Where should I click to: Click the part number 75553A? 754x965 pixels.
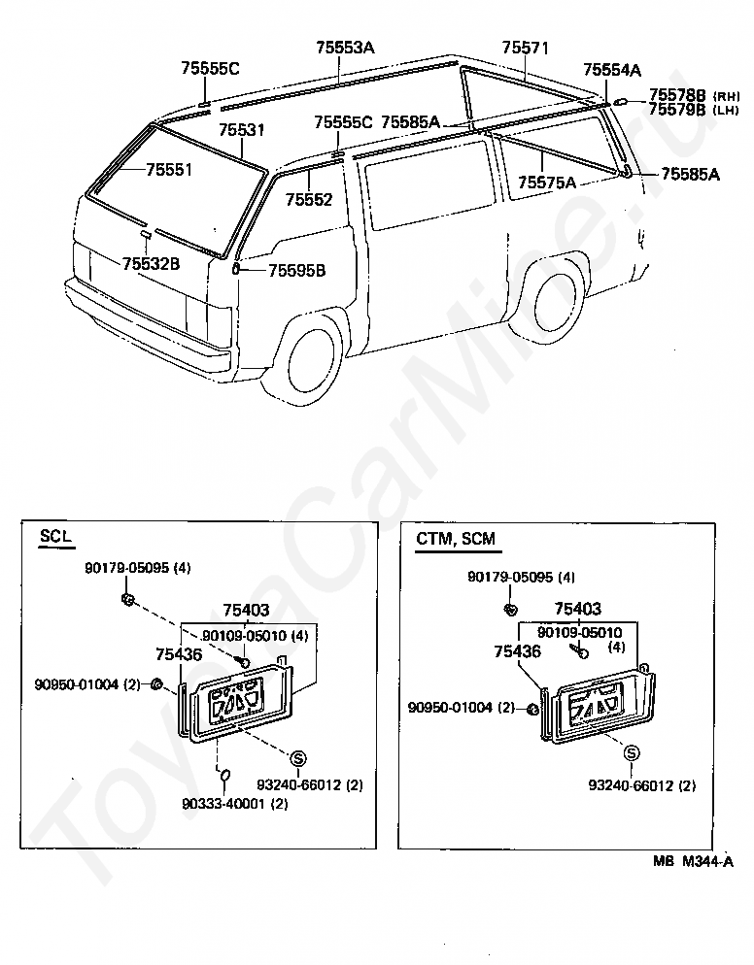click(345, 48)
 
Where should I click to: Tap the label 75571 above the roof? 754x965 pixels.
click(525, 48)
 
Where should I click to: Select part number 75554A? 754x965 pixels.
click(612, 70)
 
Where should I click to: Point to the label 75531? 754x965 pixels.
click(242, 130)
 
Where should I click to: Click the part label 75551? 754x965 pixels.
click(169, 169)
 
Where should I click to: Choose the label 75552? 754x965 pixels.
click(309, 199)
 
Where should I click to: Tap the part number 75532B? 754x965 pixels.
click(151, 263)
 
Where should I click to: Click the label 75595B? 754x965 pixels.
click(297, 270)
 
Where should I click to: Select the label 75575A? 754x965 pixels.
click(547, 183)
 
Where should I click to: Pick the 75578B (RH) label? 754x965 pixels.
click(694, 95)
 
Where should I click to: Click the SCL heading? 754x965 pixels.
click(55, 536)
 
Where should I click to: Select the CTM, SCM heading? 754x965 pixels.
click(456, 539)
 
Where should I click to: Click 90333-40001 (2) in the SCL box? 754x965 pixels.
click(235, 803)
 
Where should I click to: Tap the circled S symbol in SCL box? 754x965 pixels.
click(298, 758)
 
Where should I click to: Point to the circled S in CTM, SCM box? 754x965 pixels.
click(632, 752)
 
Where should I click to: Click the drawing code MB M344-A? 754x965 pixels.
click(694, 862)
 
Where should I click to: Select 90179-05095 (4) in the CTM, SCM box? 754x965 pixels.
click(521, 577)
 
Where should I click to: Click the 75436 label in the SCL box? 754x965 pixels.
click(179, 654)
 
